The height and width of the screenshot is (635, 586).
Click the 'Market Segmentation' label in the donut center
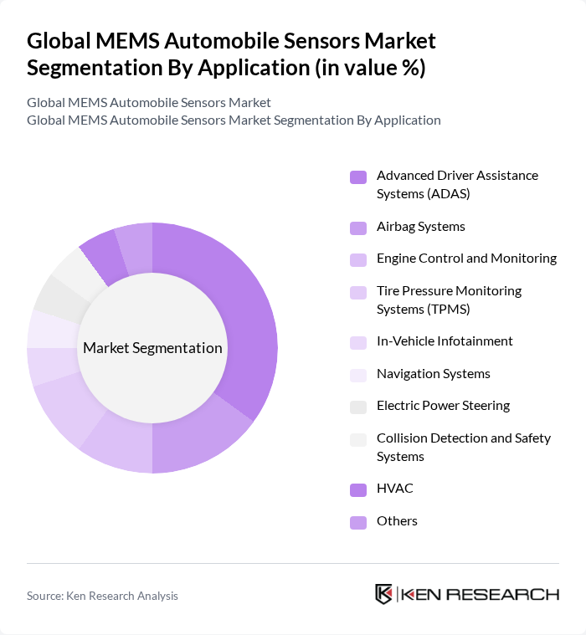pos(152,348)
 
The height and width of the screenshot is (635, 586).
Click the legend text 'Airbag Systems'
pos(420,227)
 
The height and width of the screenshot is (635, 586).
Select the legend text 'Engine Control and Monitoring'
pos(466,259)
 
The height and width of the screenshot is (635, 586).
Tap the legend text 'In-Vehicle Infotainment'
pos(445,341)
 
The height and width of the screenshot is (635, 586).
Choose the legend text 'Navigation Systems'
pos(433,374)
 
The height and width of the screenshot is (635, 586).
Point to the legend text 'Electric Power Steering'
pos(443,406)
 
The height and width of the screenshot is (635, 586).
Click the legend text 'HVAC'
pos(394,489)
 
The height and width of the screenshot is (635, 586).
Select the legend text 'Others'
pos(397,521)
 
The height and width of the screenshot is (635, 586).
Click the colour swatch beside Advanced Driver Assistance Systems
pos(358,177)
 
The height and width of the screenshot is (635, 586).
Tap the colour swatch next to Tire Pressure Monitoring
pos(358,292)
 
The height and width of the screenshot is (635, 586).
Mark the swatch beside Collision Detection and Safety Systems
pos(358,439)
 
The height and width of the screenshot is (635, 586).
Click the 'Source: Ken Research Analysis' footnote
pos(102,596)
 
